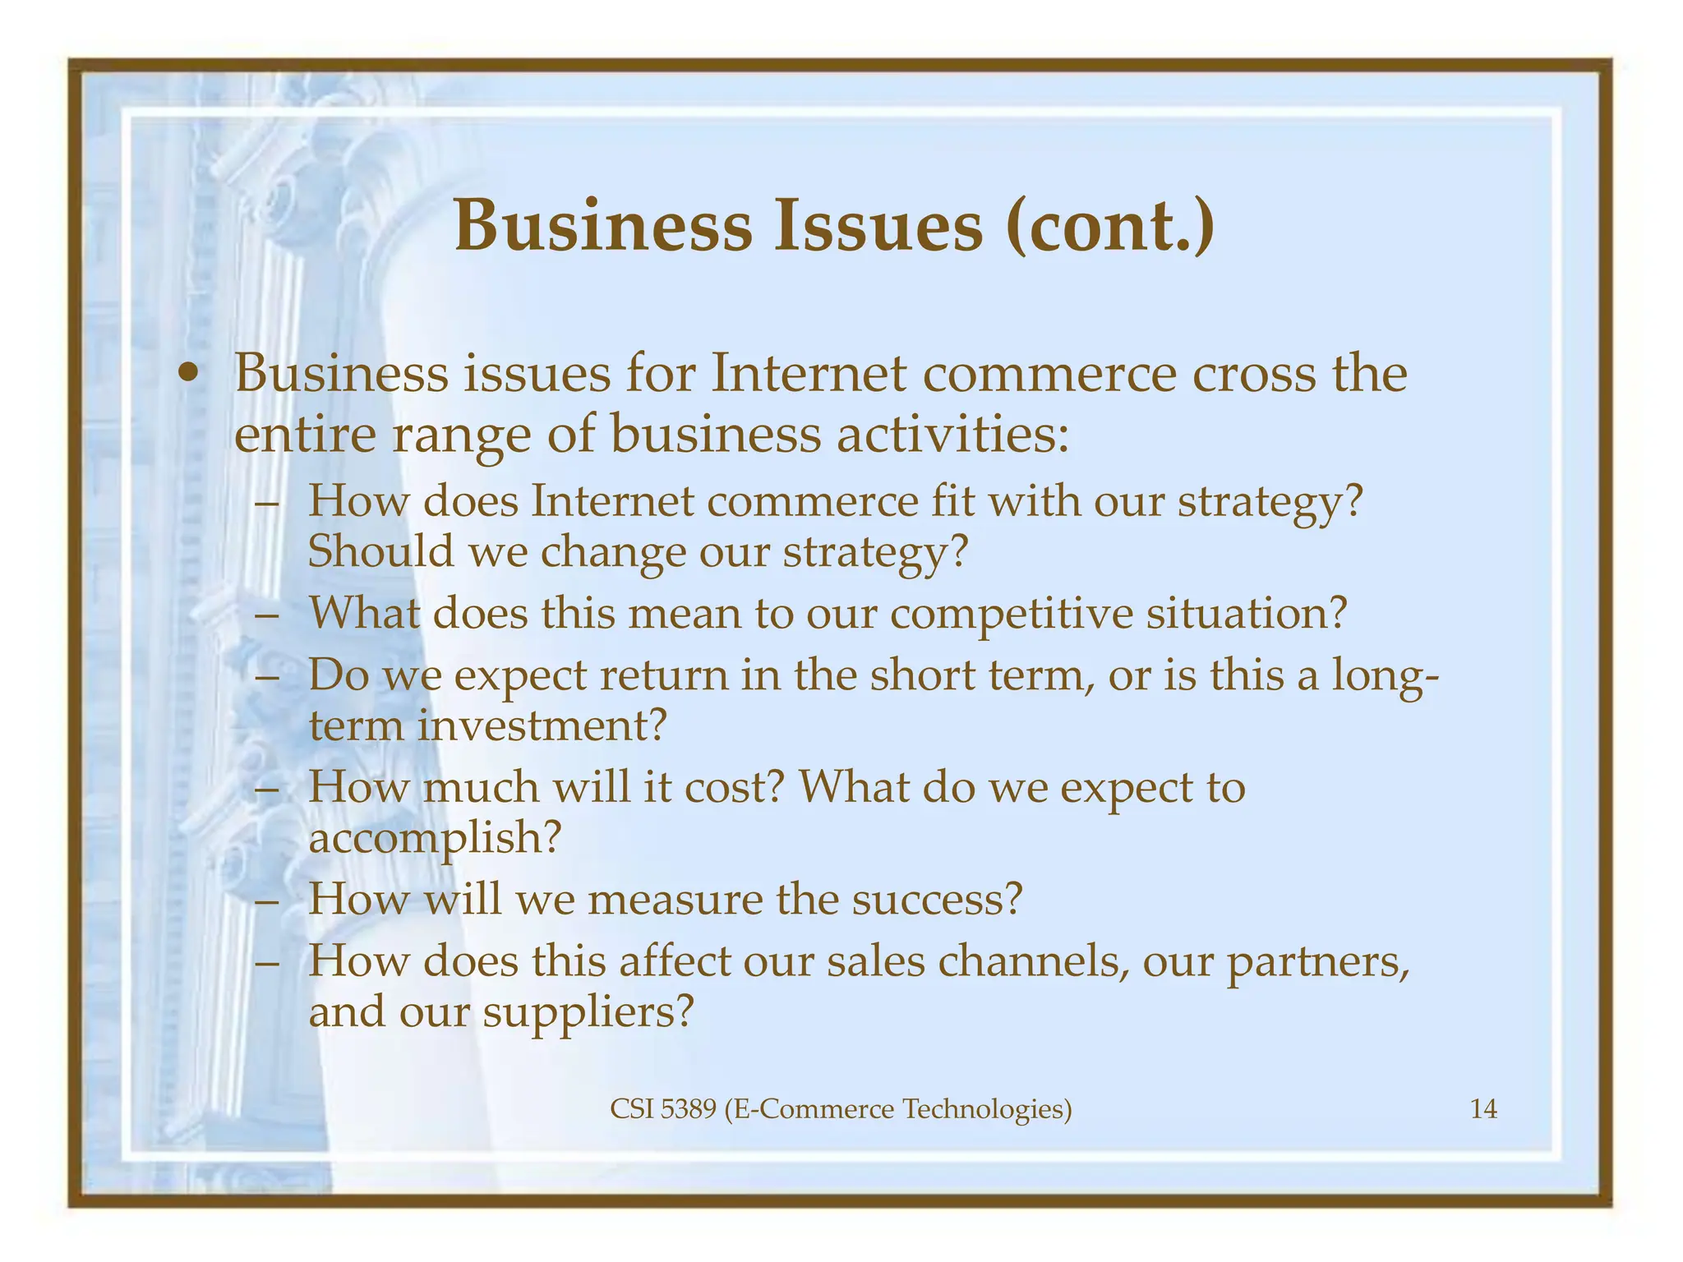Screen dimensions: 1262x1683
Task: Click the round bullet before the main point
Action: point(190,375)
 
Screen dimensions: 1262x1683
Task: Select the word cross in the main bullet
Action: point(1263,374)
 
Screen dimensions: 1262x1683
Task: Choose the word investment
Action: point(540,725)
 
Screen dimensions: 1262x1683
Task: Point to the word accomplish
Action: point(435,838)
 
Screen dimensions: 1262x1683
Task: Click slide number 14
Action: point(1483,1110)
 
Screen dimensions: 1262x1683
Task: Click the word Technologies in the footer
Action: point(986,1110)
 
